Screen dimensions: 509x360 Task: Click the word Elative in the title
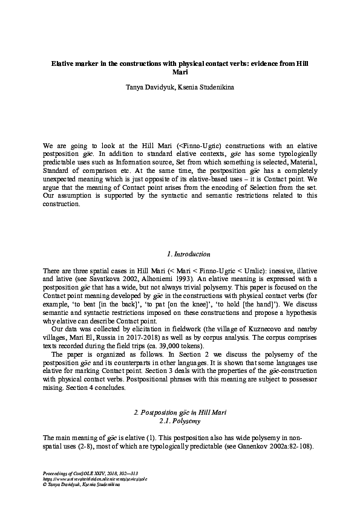pos(62,63)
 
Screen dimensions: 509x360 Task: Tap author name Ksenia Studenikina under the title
pos(206,88)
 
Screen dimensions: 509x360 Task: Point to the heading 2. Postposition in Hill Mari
pos(179,412)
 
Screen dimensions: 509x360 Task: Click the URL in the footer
pos(89,478)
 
